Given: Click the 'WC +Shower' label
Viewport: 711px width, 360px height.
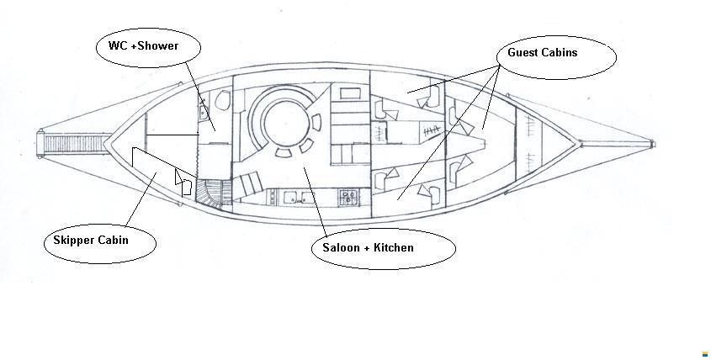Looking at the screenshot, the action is [143, 45].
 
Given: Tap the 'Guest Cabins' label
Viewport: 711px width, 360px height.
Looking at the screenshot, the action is [543, 53].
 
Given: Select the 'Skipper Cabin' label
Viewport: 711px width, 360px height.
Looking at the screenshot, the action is [91, 241].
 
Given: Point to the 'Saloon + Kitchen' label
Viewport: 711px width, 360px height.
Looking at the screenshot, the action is [368, 247].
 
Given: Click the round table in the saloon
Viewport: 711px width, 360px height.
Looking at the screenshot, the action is [286, 123].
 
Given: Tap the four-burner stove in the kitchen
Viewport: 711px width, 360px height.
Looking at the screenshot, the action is [348, 196].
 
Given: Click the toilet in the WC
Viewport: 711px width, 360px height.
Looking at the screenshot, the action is [223, 100].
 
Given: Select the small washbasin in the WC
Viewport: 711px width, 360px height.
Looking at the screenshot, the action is [202, 114].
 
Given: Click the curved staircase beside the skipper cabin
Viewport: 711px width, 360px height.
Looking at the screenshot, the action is [209, 193].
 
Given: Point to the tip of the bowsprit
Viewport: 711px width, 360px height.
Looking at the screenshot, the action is [654, 144].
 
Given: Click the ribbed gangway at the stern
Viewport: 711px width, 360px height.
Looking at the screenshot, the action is [75, 144].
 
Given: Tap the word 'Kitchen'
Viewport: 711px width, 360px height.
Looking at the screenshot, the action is [393, 247].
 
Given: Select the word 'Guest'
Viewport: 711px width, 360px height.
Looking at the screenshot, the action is [522, 53].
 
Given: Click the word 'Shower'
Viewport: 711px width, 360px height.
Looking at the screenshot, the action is [158, 45].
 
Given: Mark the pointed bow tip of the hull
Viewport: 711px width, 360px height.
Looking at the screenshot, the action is [581, 144].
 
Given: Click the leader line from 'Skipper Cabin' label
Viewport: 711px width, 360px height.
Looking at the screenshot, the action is [141, 199].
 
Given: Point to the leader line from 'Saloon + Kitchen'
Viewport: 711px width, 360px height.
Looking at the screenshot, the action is [316, 201].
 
